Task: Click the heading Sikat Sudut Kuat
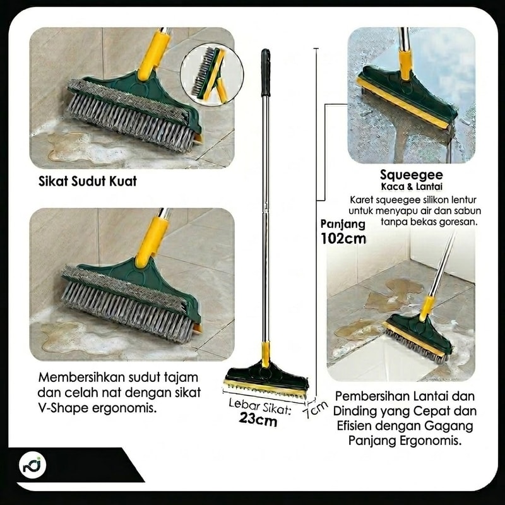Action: coord(88,181)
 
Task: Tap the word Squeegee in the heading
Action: coord(412,175)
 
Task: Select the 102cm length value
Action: coord(343,239)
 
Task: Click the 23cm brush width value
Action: coord(258,419)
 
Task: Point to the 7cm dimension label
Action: coord(315,409)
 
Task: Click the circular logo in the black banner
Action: coord(32,465)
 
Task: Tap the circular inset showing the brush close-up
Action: coord(211,74)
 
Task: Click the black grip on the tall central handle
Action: coord(265,73)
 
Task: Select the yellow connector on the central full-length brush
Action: coord(266,353)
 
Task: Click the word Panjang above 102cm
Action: coord(343,224)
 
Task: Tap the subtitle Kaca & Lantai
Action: coord(412,187)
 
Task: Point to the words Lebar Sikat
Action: coord(260,407)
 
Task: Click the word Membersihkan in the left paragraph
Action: coord(83,377)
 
